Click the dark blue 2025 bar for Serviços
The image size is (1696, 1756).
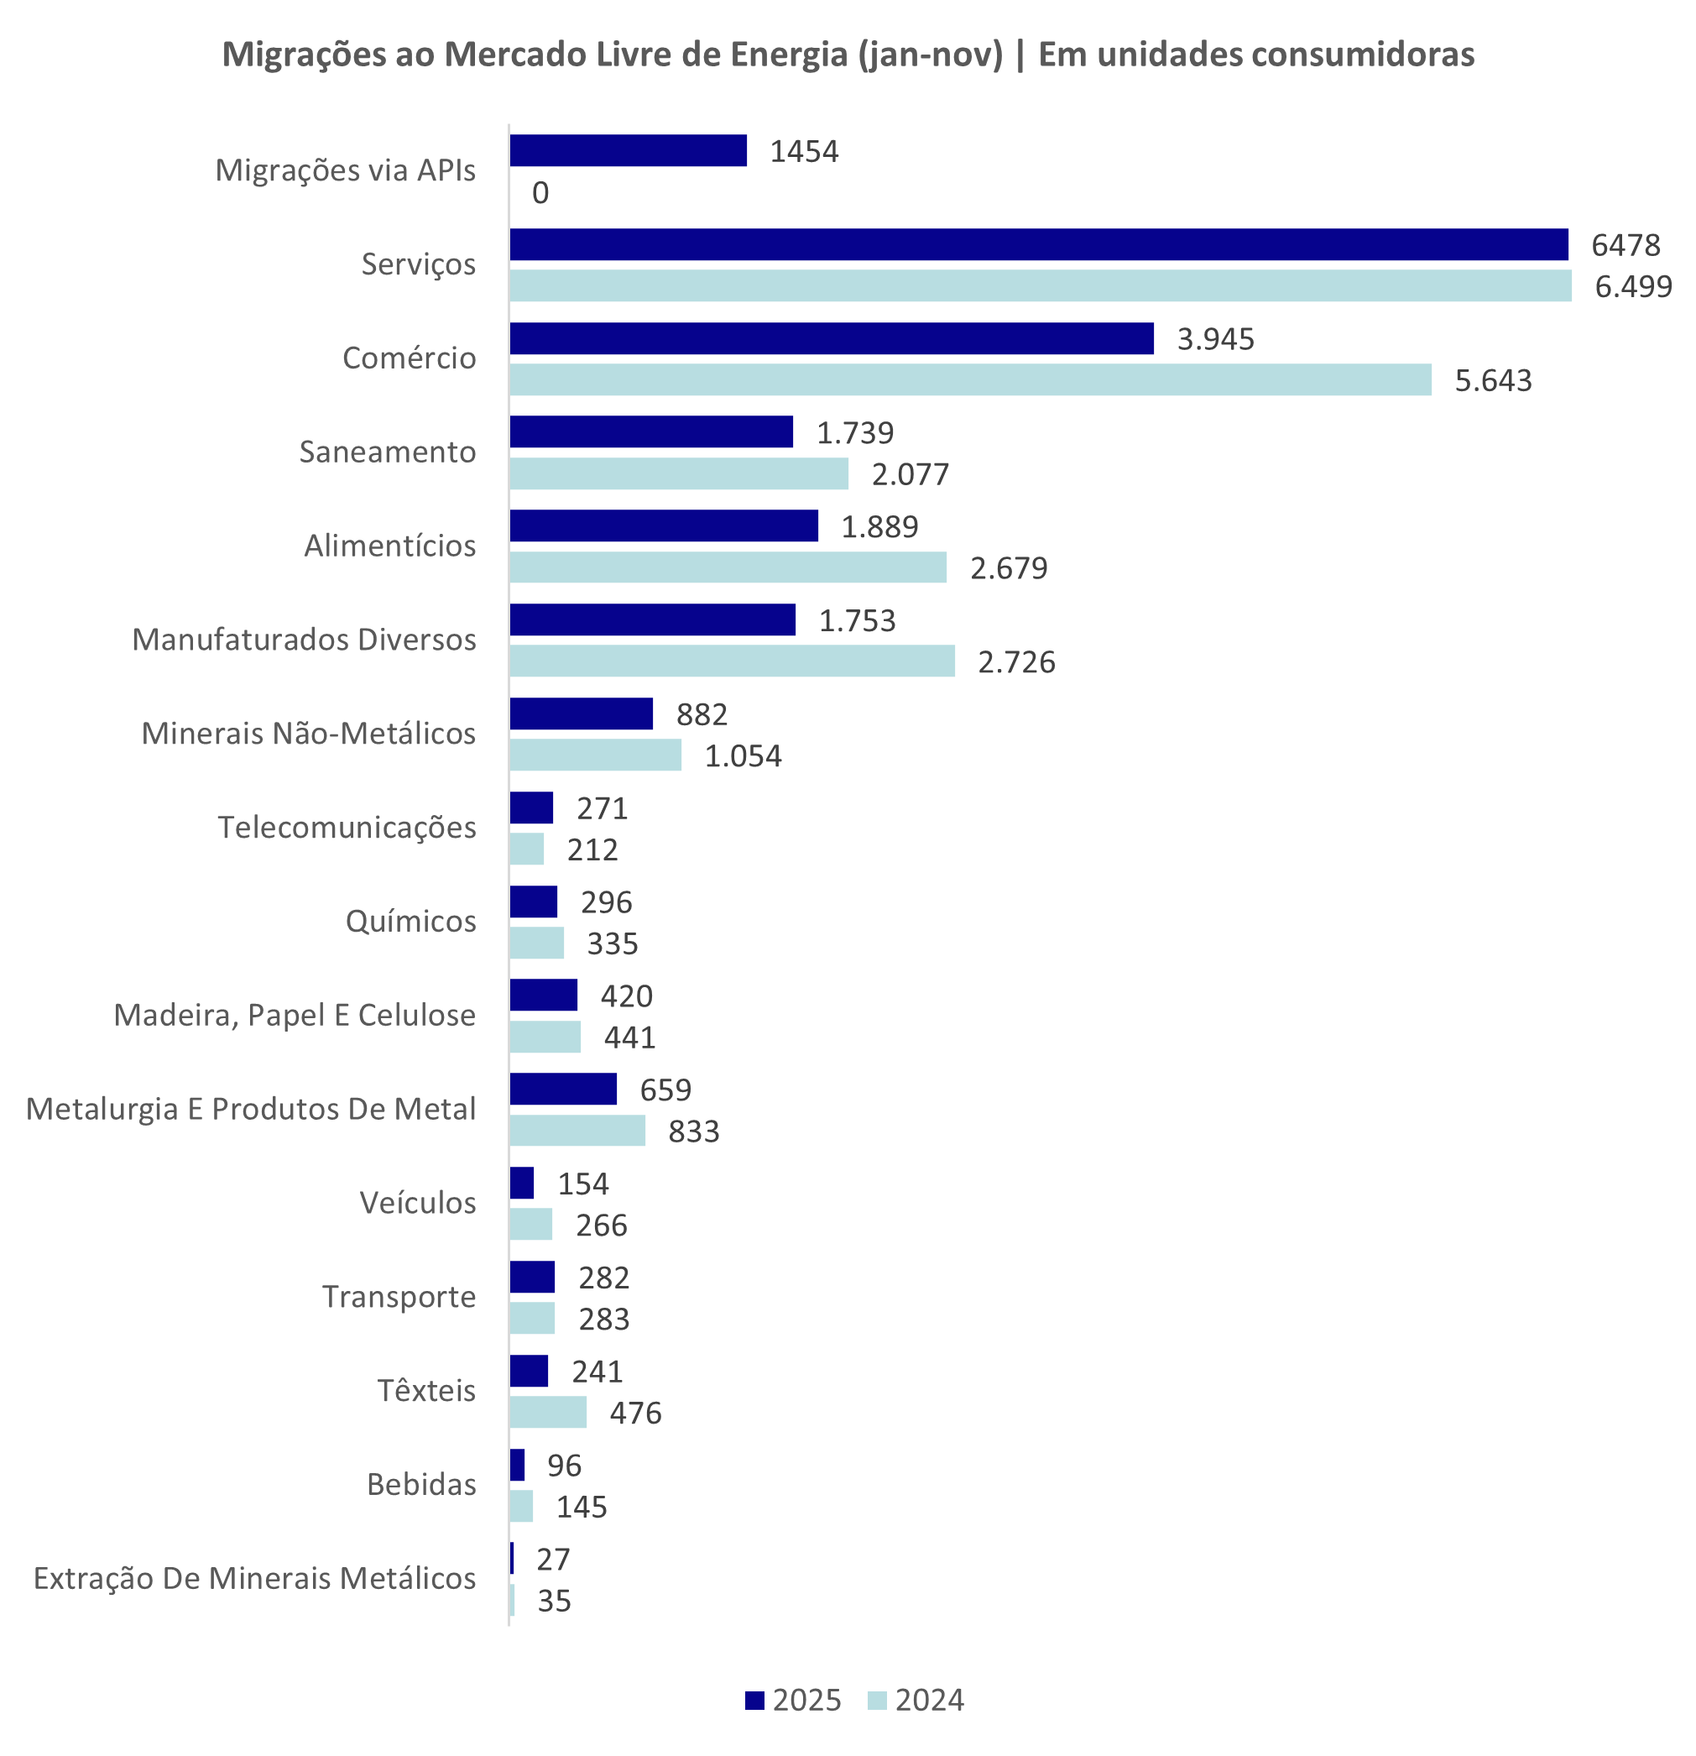(x=1037, y=244)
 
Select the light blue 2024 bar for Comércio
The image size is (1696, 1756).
(x=969, y=380)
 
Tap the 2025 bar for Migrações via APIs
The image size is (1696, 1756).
(x=627, y=150)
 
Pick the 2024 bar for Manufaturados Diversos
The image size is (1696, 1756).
(x=731, y=661)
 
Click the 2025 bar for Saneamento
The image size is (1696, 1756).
(x=650, y=431)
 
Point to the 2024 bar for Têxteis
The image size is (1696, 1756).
(x=547, y=1412)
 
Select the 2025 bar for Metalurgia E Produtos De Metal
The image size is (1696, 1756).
(x=562, y=1089)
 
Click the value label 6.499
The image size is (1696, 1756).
(x=1632, y=287)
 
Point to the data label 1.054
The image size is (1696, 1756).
(x=743, y=756)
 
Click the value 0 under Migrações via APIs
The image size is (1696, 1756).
(x=540, y=192)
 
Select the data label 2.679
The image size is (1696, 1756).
(x=1008, y=568)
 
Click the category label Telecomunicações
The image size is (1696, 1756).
(x=347, y=827)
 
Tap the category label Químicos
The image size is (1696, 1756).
(x=410, y=921)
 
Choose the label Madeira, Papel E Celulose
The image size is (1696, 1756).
(x=294, y=1015)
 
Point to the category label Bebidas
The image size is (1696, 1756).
(x=421, y=1485)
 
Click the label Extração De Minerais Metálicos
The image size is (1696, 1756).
(x=254, y=1579)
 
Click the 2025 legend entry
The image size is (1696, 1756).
(x=794, y=1701)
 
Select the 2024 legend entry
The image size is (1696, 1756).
(x=916, y=1701)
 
